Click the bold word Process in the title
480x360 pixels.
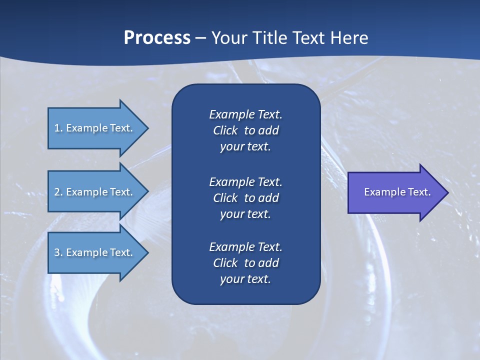tap(157, 38)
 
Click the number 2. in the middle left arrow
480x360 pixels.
tap(58, 192)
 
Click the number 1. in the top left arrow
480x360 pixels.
tap(58, 128)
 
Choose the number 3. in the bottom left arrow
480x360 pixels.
tap(58, 252)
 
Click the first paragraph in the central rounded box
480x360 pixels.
tap(245, 130)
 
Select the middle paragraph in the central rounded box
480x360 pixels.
tap(245, 197)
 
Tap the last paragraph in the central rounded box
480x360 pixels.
tap(245, 263)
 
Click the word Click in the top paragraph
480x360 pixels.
tap(225, 130)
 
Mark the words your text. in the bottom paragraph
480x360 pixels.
tap(245, 279)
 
